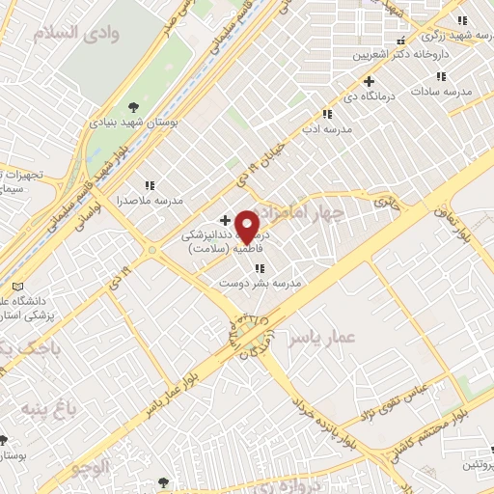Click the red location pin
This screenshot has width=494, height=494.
pos(247,226)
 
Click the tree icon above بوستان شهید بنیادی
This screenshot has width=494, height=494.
pos(133,107)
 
